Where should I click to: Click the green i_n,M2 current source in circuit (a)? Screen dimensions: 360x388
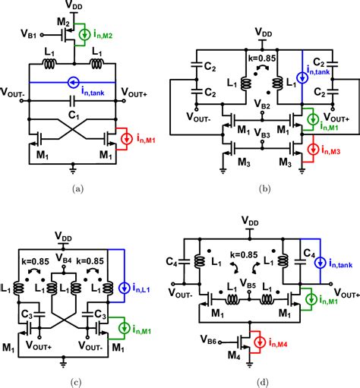coord(84,35)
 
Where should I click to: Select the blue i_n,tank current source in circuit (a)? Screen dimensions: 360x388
coord(74,83)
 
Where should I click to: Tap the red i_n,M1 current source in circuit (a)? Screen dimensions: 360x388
coord(126,139)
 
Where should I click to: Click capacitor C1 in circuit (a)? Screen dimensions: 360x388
coord(73,101)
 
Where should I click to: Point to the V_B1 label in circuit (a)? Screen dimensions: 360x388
coord(28,33)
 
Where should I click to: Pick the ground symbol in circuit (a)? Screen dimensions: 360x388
coord(73,170)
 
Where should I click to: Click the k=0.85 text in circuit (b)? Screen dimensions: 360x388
coord(262,58)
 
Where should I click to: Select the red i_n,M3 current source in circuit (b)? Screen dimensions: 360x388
coord(314,150)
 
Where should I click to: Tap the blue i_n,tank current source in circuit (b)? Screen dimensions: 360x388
coord(302,77)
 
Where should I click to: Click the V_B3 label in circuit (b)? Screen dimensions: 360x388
coord(262,133)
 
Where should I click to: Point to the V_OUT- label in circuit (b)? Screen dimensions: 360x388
coord(198,117)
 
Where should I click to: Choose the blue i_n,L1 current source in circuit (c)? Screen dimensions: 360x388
coord(125,288)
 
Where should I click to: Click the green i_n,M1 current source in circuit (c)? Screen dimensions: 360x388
coord(125,328)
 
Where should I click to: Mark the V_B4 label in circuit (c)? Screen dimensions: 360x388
coord(64,258)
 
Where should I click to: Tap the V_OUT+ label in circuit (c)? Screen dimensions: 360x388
coord(39,345)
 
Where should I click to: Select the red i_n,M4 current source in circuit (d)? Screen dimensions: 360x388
coord(260,342)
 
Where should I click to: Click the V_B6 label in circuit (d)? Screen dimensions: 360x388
coord(208,339)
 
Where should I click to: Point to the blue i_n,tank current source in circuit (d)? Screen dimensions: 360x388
coord(321,263)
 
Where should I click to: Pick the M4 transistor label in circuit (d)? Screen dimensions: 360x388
coord(234,355)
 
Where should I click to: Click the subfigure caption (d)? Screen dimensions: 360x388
coord(262,383)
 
